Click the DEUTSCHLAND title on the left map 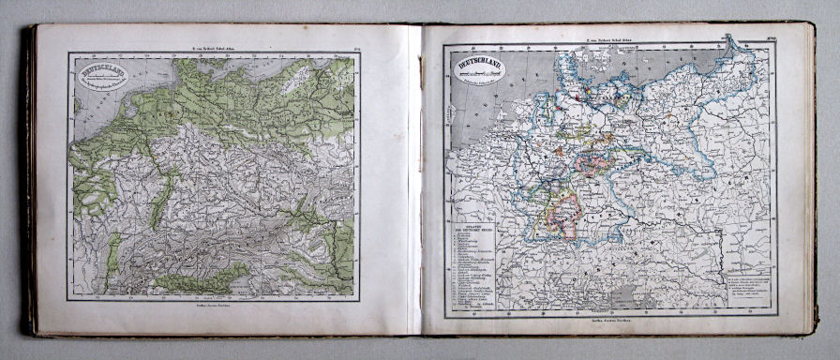[105, 69]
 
